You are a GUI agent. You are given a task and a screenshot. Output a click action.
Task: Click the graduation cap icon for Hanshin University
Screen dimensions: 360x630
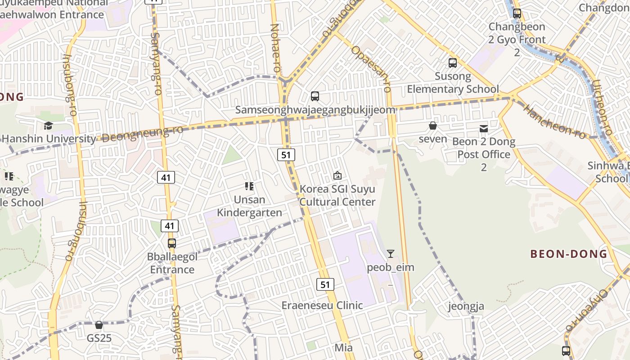point(48,126)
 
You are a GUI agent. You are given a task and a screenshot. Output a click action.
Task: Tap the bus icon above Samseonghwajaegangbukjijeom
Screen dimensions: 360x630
point(315,96)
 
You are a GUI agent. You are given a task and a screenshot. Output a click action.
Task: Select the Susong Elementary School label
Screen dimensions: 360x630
point(453,82)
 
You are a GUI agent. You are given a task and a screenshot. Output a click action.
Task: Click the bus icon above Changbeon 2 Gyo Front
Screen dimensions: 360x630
point(517,13)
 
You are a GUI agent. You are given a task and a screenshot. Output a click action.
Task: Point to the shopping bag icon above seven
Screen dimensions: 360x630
point(433,126)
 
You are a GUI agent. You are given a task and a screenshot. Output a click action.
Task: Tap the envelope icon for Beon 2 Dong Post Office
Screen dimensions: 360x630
point(484,129)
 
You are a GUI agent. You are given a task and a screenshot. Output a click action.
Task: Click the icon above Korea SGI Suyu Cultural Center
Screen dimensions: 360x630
point(337,175)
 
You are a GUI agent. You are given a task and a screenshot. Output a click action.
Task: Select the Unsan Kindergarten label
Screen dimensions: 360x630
point(250,206)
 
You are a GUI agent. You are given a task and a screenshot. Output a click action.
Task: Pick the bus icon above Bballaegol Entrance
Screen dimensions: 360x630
point(172,243)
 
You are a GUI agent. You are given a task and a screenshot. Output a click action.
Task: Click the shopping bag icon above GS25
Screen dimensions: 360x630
point(99,324)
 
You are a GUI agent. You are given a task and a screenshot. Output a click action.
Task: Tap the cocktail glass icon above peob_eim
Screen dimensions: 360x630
point(391,254)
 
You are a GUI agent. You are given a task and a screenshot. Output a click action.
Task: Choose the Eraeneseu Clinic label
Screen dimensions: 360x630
point(322,305)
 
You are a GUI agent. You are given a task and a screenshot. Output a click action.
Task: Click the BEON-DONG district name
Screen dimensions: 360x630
point(569,254)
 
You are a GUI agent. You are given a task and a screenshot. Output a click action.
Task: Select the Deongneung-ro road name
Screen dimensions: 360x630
point(143,134)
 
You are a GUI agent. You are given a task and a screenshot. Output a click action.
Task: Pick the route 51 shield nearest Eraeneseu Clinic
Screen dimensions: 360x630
point(325,284)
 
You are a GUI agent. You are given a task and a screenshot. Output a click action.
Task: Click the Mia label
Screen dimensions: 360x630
point(343,347)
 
